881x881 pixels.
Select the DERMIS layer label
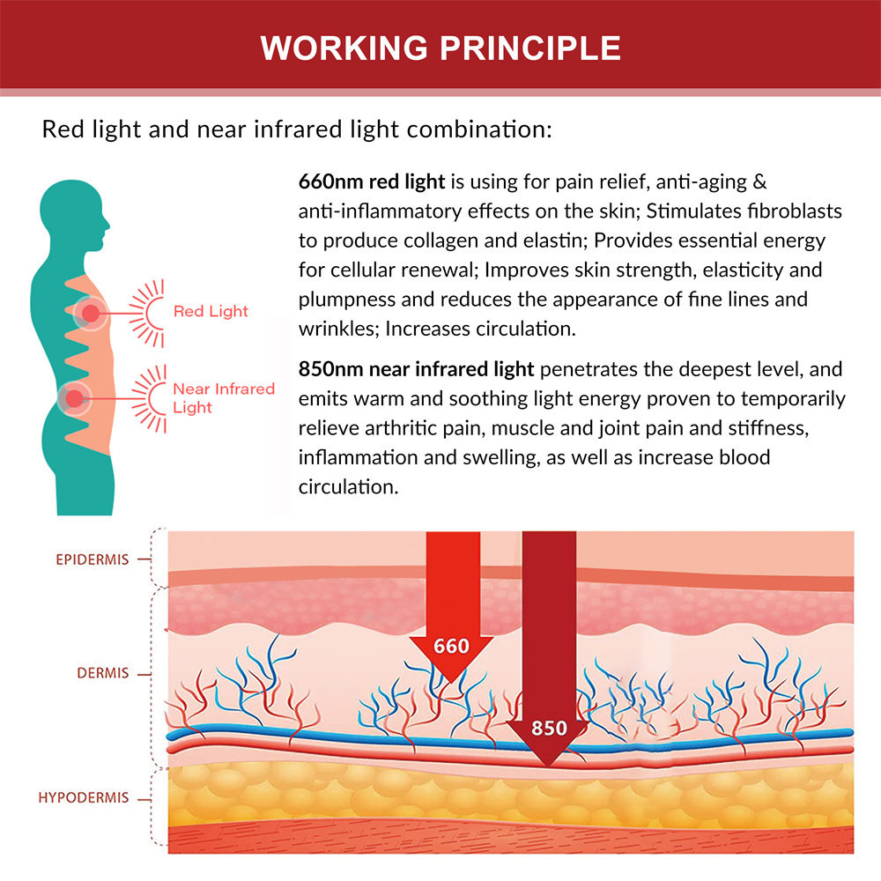point(102,673)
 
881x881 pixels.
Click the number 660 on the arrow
point(451,646)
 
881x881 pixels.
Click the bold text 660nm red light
point(373,182)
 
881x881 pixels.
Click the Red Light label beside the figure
point(211,311)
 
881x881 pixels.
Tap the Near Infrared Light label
point(223,397)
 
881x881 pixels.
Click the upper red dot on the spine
point(90,311)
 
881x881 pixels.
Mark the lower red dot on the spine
point(75,399)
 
